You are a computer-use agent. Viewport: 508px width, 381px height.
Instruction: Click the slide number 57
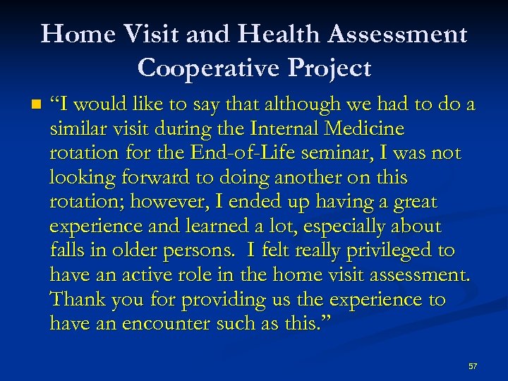point(473,366)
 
